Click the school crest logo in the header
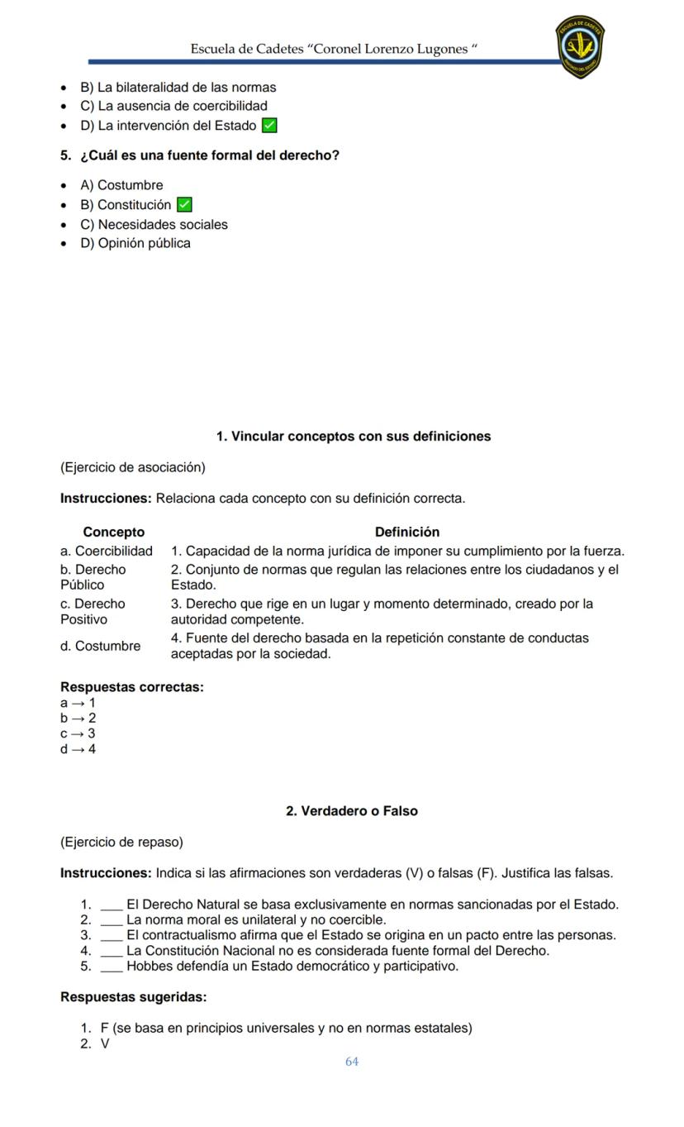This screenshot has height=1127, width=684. coord(580,46)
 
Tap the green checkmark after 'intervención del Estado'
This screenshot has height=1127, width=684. coord(268,126)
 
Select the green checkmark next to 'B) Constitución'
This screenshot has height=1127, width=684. coord(184,205)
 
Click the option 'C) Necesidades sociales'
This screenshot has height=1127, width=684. coord(154,224)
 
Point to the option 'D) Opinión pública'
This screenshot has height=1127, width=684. coord(135,243)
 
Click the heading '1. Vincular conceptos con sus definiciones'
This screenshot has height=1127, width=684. coord(353,436)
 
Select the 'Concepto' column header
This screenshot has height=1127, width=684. coord(113,532)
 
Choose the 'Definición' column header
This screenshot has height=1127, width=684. coord(406,532)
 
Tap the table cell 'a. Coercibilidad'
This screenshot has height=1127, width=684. coord(106,551)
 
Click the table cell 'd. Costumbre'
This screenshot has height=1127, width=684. coord(100,646)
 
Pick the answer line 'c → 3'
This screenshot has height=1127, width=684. coord(78,733)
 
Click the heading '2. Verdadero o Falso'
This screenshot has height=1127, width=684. coord(351,811)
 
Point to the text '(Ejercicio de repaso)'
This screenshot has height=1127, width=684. coord(121,842)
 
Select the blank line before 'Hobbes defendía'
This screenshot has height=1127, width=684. coord(112,966)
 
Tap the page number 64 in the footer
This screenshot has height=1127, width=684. coord(352,1061)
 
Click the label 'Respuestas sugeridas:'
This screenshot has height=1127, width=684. coord(133,997)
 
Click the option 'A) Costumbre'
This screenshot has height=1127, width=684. coord(121,185)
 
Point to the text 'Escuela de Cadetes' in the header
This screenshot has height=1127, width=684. coord(246,49)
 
